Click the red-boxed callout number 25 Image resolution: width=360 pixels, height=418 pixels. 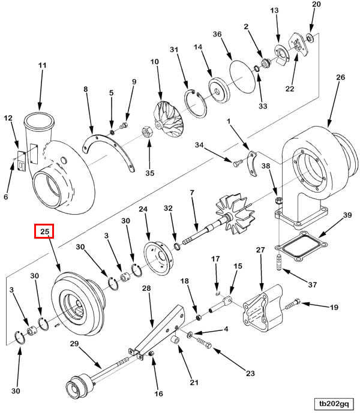point(44,231)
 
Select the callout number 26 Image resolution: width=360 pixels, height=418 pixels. point(340,77)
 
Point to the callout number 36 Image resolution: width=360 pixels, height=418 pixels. point(217,34)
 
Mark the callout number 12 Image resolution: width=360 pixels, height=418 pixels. point(8,119)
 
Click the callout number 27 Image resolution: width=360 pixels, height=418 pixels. point(260,249)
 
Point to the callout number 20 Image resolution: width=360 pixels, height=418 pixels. point(317,4)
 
